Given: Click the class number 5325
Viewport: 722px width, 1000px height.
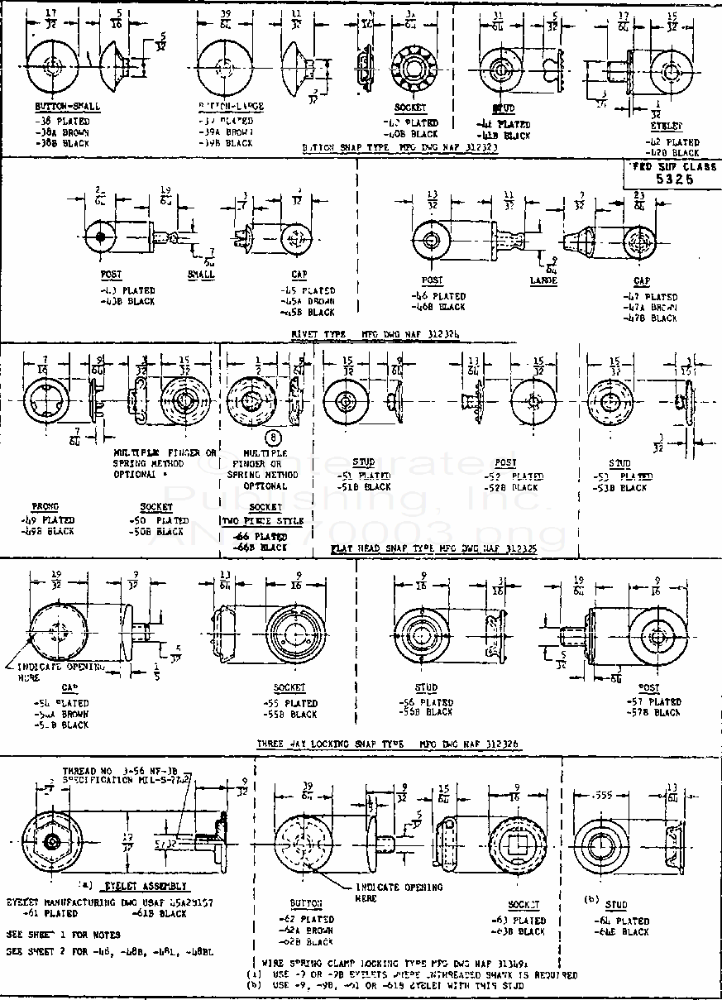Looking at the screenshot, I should (x=674, y=178).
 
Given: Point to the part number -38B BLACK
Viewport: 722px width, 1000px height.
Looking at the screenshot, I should (x=62, y=142).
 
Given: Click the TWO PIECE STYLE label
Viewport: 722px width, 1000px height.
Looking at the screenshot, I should (x=263, y=521).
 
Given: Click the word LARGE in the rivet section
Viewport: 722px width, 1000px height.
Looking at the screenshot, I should (x=543, y=280).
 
